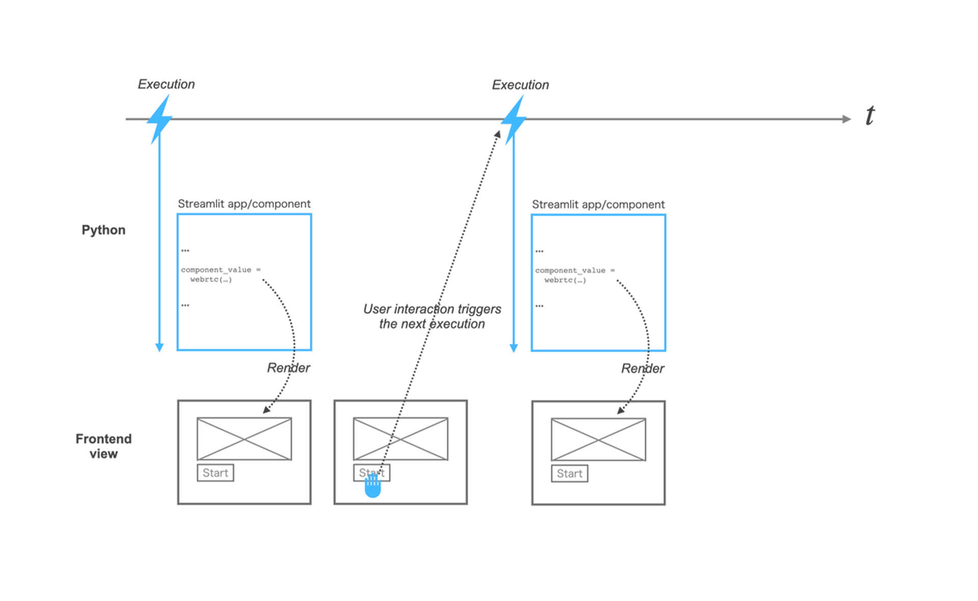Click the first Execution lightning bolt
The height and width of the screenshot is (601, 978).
159,119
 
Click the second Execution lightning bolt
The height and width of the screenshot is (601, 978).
513,120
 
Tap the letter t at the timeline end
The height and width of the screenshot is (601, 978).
870,116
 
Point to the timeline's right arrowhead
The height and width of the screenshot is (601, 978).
847,119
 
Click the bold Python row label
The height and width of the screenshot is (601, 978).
103,230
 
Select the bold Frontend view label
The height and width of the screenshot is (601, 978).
103,446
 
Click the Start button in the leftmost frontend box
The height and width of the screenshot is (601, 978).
215,473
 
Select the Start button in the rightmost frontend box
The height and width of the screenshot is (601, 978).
569,474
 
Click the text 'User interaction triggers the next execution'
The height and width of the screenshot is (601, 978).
432,316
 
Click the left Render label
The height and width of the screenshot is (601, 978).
288,368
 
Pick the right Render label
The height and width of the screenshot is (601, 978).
642,368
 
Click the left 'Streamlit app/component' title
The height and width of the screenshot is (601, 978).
244,204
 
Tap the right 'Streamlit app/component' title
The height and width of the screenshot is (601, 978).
598,204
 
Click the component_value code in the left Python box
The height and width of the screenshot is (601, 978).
221,275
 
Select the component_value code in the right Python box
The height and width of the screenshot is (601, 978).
575,275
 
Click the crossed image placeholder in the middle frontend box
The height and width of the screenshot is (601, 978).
400,439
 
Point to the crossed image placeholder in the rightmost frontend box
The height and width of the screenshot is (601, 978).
599,440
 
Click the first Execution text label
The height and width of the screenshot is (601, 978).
166,84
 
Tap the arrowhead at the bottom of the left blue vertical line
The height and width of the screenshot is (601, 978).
159,347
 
